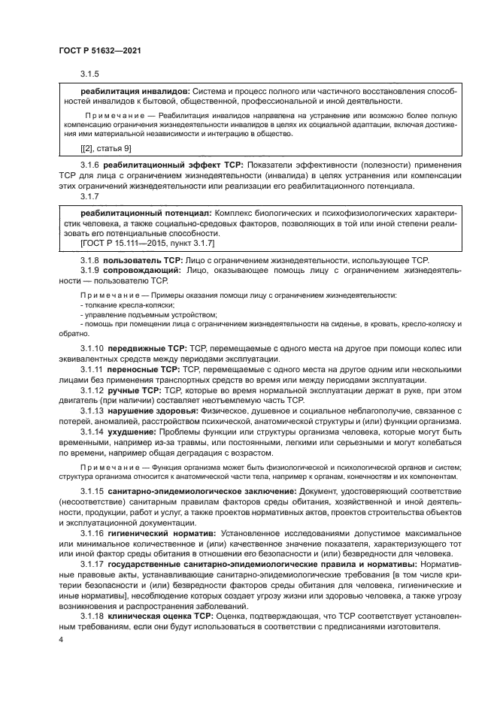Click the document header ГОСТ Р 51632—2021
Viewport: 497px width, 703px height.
point(100,50)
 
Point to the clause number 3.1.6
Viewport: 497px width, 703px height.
point(90,165)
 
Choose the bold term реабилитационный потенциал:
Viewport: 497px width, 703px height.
point(134,214)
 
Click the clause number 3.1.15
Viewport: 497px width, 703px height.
point(92,490)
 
